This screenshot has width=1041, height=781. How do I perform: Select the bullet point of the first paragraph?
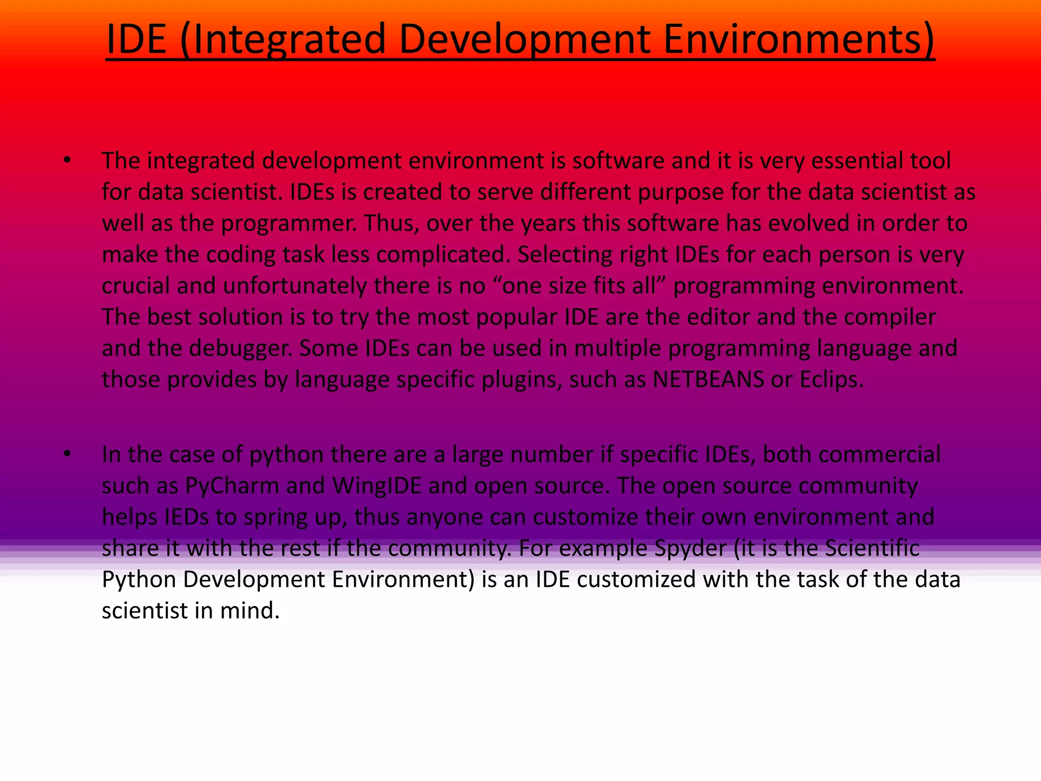click(67, 161)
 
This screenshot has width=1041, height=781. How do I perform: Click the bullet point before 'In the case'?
click(67, 454)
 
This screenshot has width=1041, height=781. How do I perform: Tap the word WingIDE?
click(377, 486)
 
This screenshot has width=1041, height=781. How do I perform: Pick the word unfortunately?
click(295, 286)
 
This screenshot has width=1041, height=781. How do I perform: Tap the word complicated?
click(443, 255)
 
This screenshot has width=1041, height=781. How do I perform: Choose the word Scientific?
click(872, 548)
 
